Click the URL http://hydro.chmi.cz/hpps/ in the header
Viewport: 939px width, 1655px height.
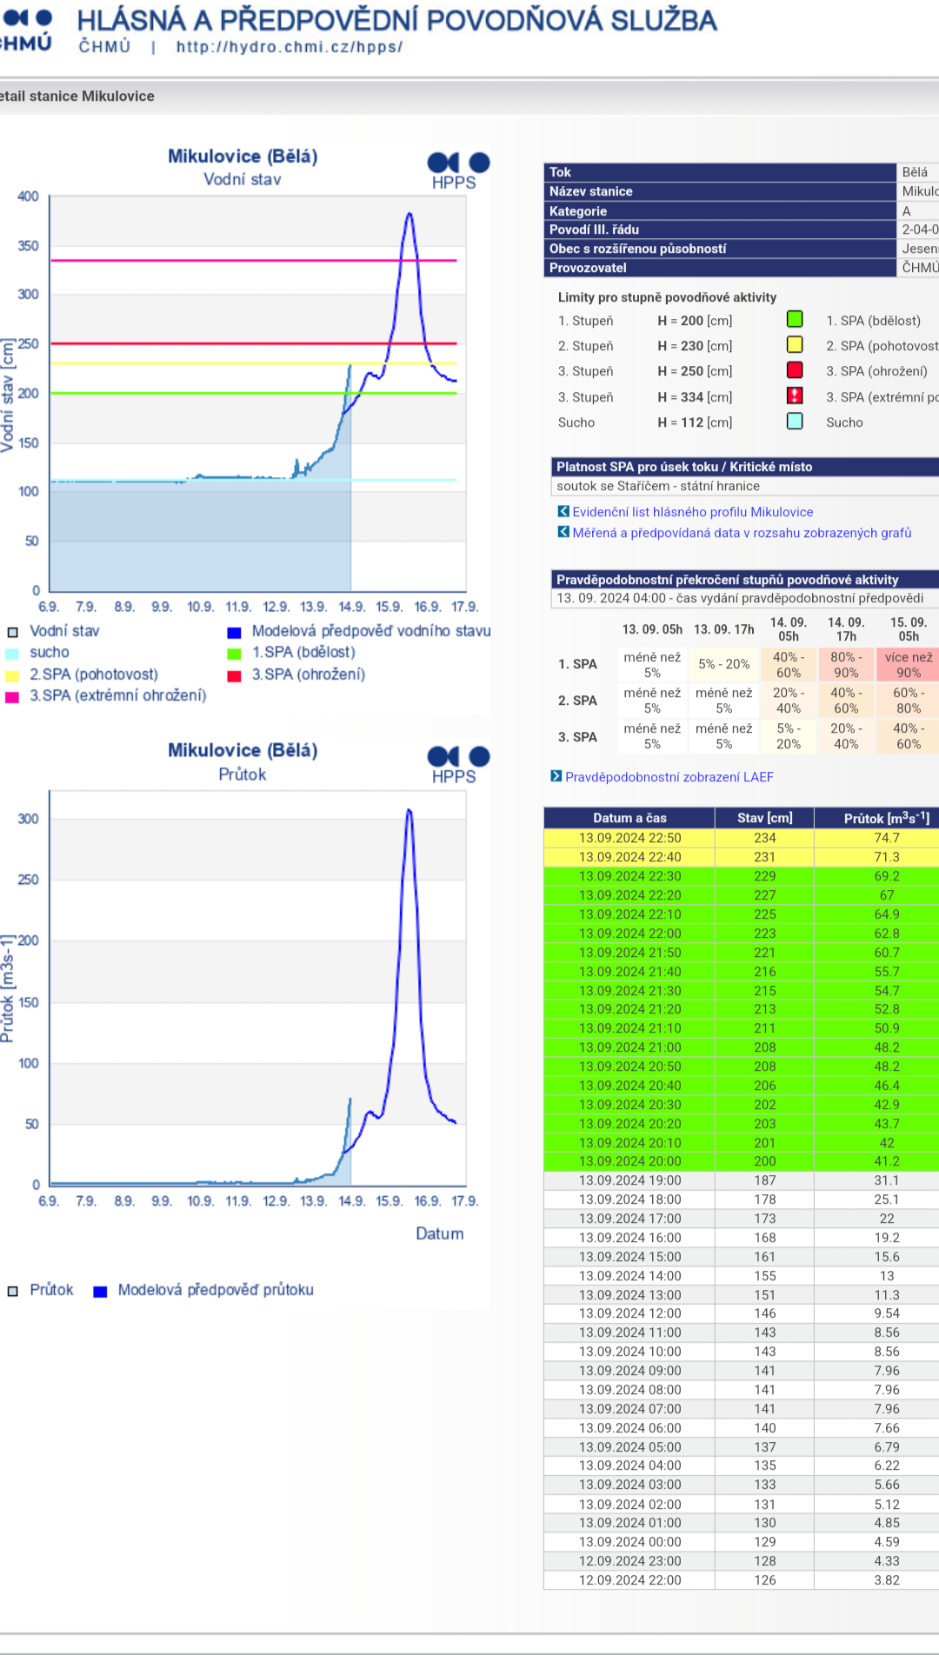pyautogui.click(x=289, y=47)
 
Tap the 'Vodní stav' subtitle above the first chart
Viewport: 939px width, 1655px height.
pyautogui.click(x=242, y=179)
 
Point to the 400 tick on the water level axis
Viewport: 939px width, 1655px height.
pyautogui.click(x=29, y=196)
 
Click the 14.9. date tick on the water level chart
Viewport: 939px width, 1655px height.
pyautogui.click(x=351, y=607)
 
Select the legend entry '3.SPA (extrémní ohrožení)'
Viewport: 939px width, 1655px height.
pyautogui.click(x=117, y=695)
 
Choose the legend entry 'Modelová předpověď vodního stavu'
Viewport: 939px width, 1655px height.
pyautogui.click(x=370, y=631)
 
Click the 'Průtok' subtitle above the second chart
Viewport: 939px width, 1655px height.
pyautogui.click(x=242, y=774)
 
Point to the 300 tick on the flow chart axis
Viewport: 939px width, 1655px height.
pyautogui.click(x=29, y=819)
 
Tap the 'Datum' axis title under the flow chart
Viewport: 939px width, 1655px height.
pyautogui.click(x=439, y=1233)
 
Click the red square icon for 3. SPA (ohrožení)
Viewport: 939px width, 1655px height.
pyautogui.click(x=795, y=370)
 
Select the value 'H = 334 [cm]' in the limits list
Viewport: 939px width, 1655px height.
pyautogui.click(x=695, y=397)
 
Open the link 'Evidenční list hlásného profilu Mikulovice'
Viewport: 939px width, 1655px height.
pyautogui.click(x=692, y=512)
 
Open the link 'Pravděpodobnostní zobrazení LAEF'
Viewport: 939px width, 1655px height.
pyautogui.click(x=669, y=777)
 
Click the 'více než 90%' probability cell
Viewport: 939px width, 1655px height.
pyautogui.click(x=909, y=665)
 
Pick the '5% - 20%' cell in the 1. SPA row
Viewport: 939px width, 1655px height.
pyautogui.click(x=724, y=664)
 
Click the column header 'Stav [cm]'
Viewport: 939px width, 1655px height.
pyautogui.click(x=764, y=818)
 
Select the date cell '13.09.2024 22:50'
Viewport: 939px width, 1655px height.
pyautogui.click(x=629, y=838)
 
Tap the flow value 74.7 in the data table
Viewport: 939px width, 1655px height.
pyautogui.click(x=886, y=838)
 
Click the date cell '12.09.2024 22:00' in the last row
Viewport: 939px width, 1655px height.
pyautogui.click(x=629, y=1580)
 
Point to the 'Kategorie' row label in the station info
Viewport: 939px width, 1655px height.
pyautogui.click(x=578, y=211)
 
